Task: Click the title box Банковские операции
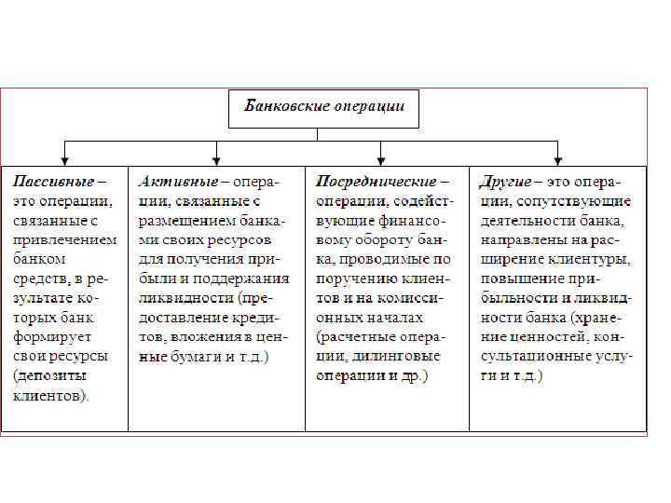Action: (323, 108)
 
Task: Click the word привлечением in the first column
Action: (64, 239)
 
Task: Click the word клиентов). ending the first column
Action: (52, 396)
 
